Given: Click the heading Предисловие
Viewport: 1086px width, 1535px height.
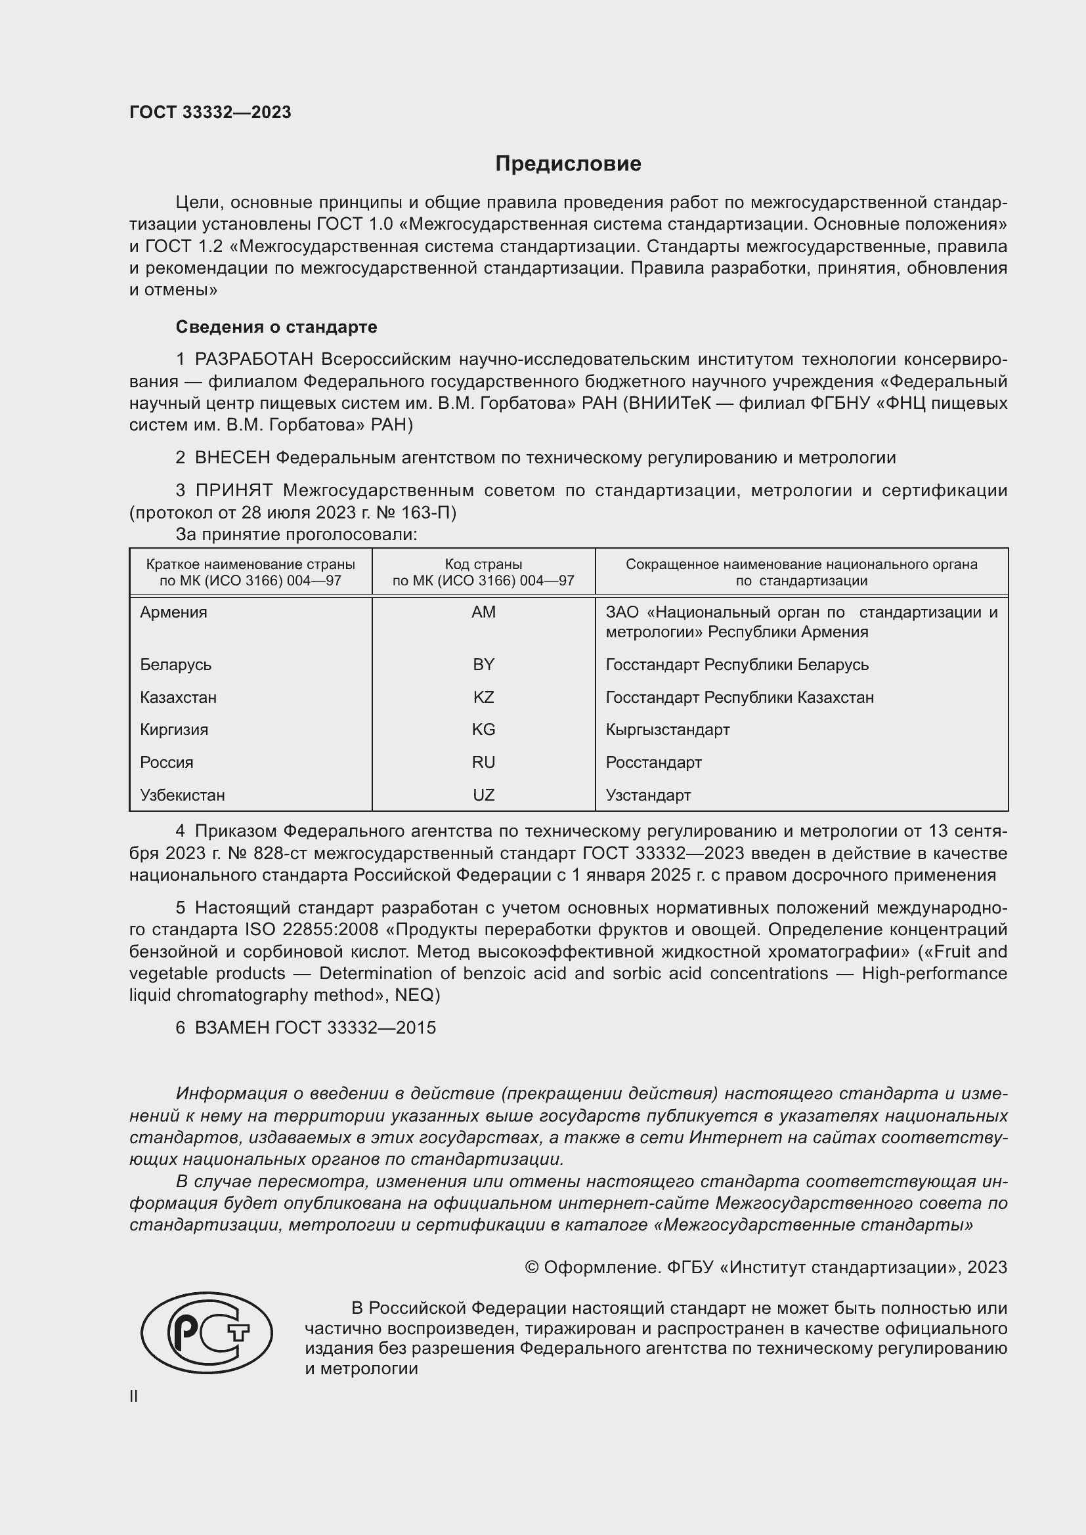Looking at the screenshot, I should [x=568, y=164].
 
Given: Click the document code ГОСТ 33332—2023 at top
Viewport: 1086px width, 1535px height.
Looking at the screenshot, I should [x=210, y=112].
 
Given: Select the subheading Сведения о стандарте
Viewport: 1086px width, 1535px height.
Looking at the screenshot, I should [x=276, y=327].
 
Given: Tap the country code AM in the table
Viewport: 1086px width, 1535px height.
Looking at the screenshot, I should [x=483, y=612].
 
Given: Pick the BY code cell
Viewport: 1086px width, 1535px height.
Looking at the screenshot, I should [x=483, y=665].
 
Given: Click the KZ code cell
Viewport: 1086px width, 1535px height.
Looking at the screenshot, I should [x=483, y=698].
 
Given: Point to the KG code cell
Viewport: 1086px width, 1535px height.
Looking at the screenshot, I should [x=483, y=729].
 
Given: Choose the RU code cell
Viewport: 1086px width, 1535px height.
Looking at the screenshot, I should [x=483, y=762].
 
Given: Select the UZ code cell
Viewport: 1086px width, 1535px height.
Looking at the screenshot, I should [x=483, y=795].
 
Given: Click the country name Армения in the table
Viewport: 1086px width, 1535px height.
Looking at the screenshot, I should [x=174, y=612].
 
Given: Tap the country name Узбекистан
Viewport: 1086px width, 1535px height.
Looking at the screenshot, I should [x=183, y=795].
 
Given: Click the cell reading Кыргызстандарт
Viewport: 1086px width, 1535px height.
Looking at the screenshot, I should [x=667, y=729].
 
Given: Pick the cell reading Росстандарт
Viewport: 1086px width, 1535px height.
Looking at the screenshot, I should [x=653, y=762].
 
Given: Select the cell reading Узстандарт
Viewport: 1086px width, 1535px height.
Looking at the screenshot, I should [x=648, y=795].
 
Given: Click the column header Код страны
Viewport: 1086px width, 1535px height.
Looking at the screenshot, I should [x=483, y=564].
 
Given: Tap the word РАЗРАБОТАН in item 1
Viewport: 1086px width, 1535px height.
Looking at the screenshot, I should [x=254, y=360].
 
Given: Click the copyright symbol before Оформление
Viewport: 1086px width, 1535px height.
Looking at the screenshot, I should [x=532, y=1268].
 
